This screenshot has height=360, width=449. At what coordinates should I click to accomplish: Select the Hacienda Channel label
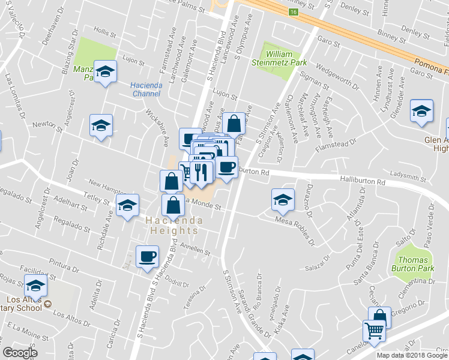[146, 89]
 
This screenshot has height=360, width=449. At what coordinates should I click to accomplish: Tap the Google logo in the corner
[20, 352]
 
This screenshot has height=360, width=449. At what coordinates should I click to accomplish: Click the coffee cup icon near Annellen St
[147, 257]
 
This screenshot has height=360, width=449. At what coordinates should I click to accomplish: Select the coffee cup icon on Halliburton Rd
[227, 167]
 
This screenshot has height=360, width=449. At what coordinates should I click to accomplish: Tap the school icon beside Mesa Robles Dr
[283, 200]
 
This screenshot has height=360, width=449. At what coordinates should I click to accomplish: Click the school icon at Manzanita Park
[106, 73]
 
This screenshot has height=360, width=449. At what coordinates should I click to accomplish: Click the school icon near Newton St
[101, 125]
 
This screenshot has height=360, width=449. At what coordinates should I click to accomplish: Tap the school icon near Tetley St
[127, 206]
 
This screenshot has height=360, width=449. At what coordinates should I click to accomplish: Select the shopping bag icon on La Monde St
[173, 205]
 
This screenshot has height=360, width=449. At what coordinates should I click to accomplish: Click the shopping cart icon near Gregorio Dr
[373, 330]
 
